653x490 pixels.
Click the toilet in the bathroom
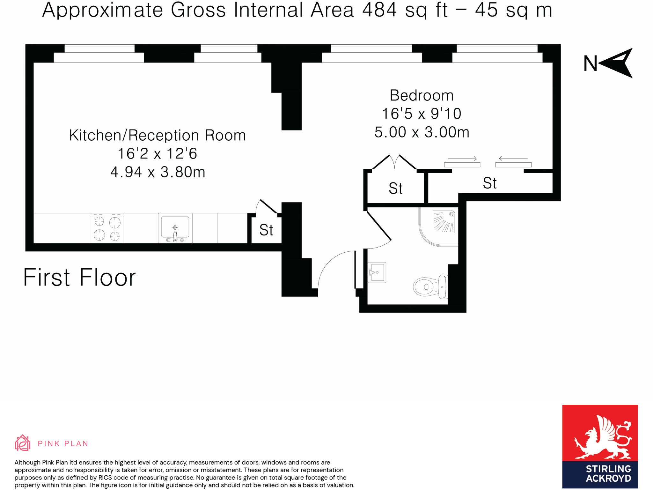(429, 286)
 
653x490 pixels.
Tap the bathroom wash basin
(378, 272)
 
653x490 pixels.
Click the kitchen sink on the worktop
(175, 227)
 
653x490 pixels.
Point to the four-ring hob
(107, 228)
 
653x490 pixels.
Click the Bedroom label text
(422, 95)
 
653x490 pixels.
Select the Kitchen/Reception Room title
(158, 135)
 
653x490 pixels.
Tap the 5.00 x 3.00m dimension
(422, 132)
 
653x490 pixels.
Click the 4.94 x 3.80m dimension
(158, 172)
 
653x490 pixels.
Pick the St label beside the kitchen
(266, 230)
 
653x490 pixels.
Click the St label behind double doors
(395, 188)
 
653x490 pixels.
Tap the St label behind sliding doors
(489, 183)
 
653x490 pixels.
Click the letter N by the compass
(590, 63)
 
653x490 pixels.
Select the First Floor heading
(79, 277)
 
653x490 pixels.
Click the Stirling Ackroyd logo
(600, 446)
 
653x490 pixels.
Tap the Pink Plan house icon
(23, 443)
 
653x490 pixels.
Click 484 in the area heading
(379, 10)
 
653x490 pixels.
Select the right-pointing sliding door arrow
(462, 159)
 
